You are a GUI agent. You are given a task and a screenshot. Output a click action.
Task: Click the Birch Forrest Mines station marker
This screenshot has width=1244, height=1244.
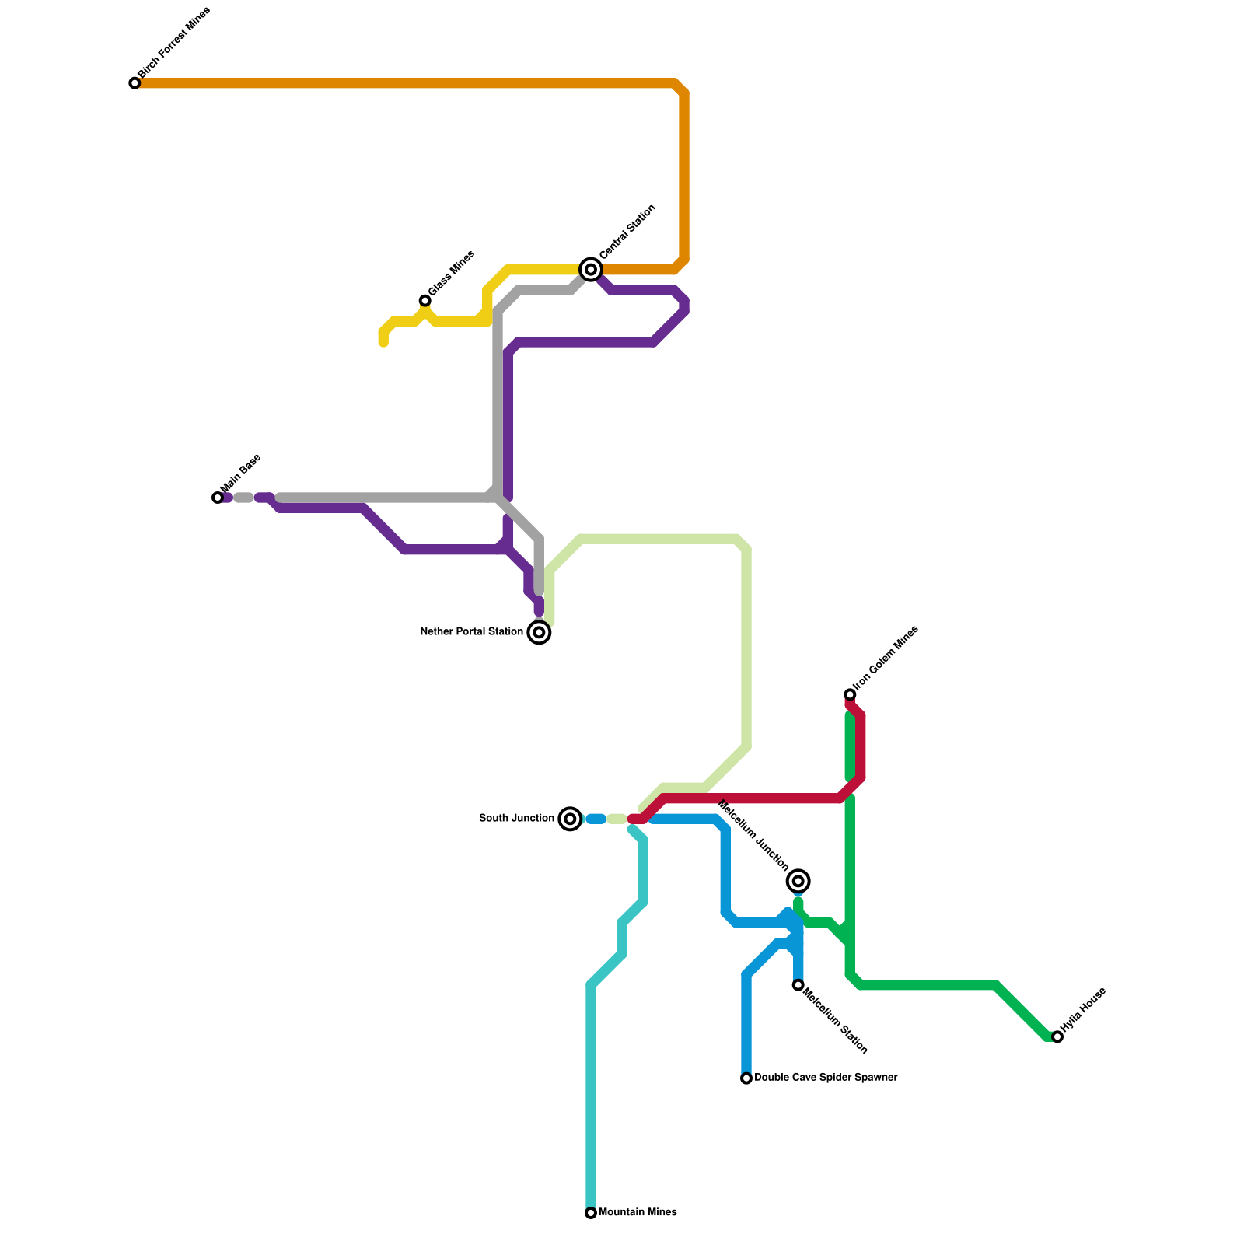135,83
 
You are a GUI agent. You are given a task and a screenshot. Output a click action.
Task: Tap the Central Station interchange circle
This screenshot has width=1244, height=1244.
591,270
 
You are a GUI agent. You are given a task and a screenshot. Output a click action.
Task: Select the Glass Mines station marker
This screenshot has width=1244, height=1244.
425,301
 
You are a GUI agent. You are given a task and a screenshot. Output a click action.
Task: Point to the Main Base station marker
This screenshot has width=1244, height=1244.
218,498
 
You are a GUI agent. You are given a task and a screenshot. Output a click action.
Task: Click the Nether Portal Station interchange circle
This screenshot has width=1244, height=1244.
539,632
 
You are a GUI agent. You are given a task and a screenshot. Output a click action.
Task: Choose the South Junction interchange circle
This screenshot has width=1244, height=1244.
570,819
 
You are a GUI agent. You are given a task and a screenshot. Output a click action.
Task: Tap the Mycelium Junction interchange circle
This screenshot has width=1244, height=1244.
798,881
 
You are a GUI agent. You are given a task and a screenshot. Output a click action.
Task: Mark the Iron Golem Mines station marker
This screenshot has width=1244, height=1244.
850,694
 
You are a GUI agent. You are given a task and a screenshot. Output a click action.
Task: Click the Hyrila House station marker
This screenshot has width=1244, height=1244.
1057,1036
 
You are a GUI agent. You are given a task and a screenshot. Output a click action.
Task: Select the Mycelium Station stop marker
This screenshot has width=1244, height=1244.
798,985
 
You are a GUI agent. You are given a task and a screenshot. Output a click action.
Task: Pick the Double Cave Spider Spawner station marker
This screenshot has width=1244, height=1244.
746,1078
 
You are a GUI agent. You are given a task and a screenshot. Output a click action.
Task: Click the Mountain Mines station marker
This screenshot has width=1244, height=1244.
591,1213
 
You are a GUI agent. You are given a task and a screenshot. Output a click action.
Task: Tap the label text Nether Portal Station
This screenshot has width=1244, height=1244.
471,632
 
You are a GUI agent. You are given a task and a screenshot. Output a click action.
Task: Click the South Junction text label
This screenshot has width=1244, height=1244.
516,819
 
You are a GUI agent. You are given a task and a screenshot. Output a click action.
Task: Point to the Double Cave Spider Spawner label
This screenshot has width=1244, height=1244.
826,1078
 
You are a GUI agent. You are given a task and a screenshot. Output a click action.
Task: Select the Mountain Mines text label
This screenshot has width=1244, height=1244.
638,1213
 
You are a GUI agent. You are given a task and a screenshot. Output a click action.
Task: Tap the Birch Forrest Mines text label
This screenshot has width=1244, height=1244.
174,44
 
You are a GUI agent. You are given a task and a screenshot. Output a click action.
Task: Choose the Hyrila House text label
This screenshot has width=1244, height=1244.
1083,1010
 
